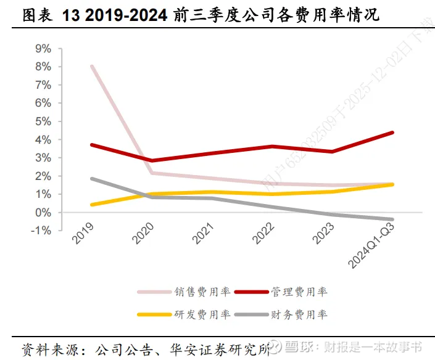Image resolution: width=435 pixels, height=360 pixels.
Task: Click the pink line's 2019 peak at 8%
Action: click(x=92, y=67)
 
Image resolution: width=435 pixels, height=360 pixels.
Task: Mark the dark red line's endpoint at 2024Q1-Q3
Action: click(x=393, y=133)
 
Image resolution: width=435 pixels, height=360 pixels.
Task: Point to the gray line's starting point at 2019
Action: click(x=92, y=179)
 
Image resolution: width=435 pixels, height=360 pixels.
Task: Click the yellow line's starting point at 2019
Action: click(x=92, y=205)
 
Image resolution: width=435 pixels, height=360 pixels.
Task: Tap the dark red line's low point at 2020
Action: click(x=152, y=160)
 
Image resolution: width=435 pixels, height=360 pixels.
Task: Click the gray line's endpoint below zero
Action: click(x=393, y=219)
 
